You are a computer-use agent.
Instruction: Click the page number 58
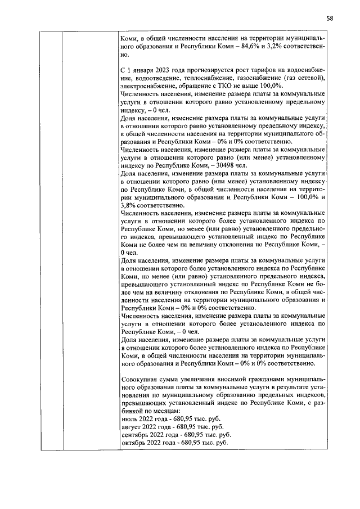[330, 18]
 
